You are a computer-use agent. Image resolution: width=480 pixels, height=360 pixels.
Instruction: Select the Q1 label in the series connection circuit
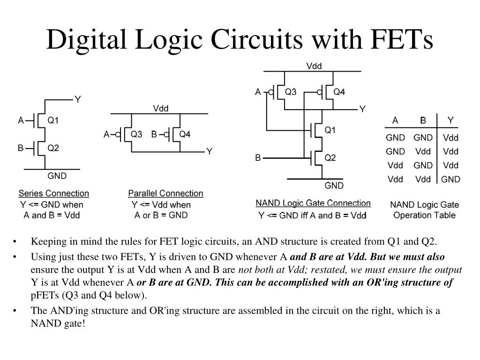click(53, 120)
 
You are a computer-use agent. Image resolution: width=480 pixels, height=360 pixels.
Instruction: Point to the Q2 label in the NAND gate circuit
click(330, 158)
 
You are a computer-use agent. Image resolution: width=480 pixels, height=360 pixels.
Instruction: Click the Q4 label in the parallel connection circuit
click(185, 135)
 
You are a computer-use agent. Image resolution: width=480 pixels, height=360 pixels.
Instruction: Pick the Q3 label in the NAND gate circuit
click(291, 92)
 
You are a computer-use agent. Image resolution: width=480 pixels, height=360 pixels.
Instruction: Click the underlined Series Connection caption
click(53, 193)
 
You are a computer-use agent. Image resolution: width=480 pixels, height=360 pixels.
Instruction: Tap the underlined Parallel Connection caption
click(165, 193)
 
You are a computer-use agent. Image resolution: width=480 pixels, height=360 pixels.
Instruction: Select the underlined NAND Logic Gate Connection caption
click(313, 203)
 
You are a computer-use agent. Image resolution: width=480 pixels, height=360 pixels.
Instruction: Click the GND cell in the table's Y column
click(450, 179)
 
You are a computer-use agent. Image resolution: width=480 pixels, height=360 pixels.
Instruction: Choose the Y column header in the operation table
click(450, 120)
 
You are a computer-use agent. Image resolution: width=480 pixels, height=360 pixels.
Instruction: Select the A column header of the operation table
click(395, 120)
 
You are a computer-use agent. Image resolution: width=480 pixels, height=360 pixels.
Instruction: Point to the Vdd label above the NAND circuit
click(314, 66)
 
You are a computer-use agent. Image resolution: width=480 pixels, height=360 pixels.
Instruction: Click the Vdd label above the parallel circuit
click(161, 108)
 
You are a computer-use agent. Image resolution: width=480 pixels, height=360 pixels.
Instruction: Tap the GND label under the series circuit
click(57, 176)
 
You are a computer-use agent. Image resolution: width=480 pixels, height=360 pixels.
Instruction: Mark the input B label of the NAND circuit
click(258, 158)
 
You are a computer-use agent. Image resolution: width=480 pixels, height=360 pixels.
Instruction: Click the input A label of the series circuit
click(21, 120)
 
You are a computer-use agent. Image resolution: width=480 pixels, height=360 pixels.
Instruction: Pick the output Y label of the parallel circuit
click(210, 151)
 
